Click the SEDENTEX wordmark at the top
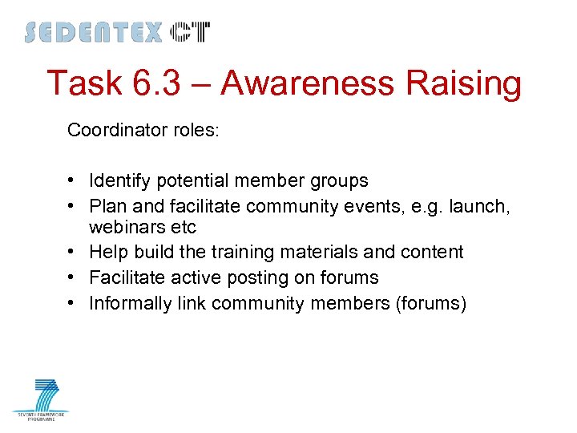click(x=93, y=33)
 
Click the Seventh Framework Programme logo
click(x=41, y=399)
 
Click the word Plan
click(x=106, y=207)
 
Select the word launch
click(x=480, y=207)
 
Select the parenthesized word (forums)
click(x=427, y=303)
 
